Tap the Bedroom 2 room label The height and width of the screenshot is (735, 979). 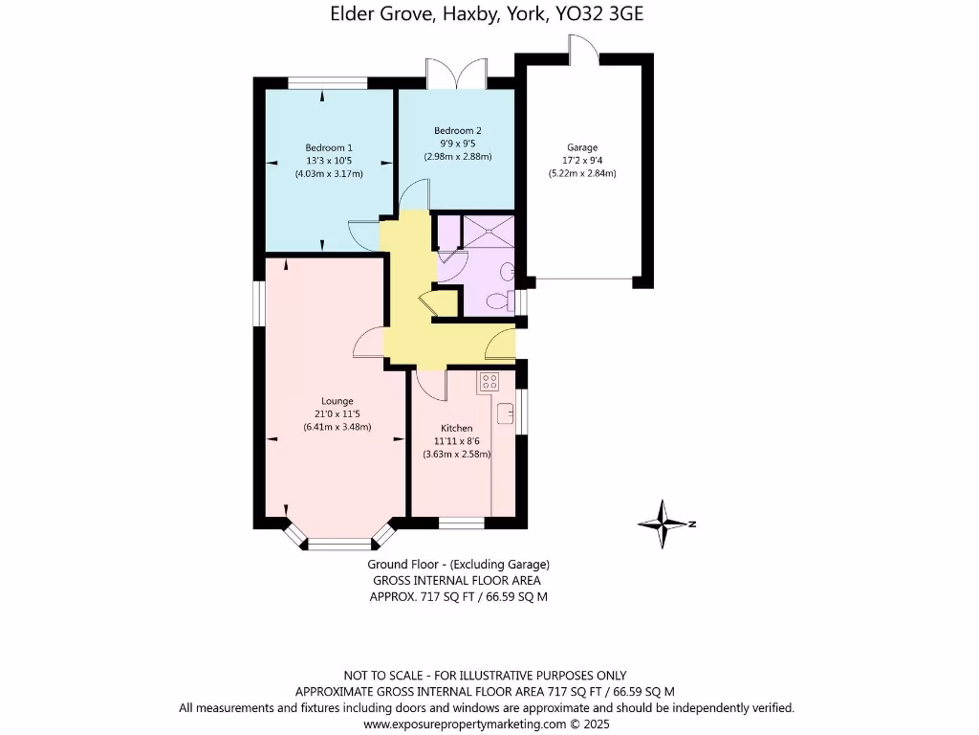pyautogui.click(x=457, y=130)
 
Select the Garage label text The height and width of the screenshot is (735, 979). pyautogui.click(x=581, y=147)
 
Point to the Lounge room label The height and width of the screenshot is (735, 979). pyautogui.click(x=337, y=401)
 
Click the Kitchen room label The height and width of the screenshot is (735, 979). pyautogui.click(x=457, y=428)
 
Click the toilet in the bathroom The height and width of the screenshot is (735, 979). pyautogui.click(x=498, y=301)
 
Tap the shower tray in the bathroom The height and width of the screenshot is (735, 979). pyautogui.click(x=489, y=232)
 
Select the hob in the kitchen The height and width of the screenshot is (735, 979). pyautogui.click(x=489, y=381)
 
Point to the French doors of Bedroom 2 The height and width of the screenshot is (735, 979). pyautogui.click(x=457, y=76)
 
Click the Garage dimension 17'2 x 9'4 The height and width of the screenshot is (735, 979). pyautogui.click(x=581, y=161)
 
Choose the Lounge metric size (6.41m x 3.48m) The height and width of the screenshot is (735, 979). pyautogui.click(x=337, y=427)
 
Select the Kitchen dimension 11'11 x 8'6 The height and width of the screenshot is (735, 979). pyautogui.click(x=457, y=441)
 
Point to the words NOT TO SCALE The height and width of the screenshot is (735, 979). pyautogui.click(x=381, y=676)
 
